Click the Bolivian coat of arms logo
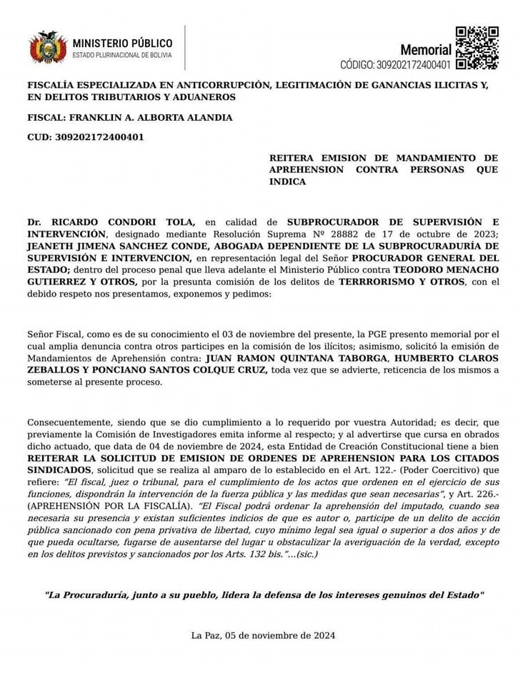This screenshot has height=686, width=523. pos(47,47)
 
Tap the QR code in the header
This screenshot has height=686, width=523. pos(477,47)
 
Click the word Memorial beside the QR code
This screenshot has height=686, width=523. pos(426,51)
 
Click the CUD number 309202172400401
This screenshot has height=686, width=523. pos(99,137)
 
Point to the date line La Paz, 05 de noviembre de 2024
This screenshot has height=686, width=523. pos(262,635)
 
